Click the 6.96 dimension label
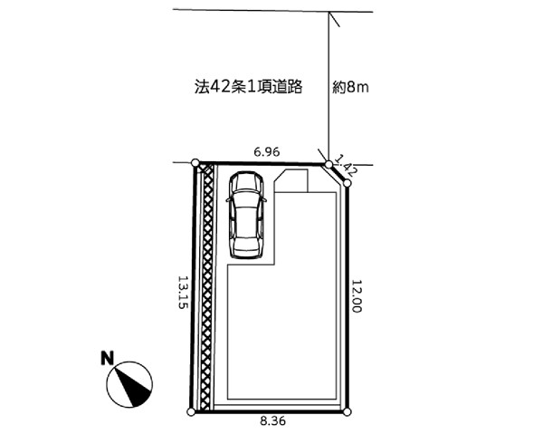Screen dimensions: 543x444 pyautogui.click(x=267, y=152)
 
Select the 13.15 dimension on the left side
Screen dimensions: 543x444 pyautogui.click(x=183, y=292)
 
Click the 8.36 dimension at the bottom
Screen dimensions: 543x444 pyautogui.click(x=273, y=421)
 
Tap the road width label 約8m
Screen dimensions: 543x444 pyautogui.click(x=350, y=88)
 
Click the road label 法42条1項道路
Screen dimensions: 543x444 pyautogui.click(x=248, y=87)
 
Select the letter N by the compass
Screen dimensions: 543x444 pyautogui.click(x=108, y=358)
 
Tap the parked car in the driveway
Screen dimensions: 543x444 pyautogui.click(x=246, y=215)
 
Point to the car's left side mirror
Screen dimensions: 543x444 pyautogui.click(x=228, y=200)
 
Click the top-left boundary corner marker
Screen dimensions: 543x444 pyautogui.click(x=195, y=162)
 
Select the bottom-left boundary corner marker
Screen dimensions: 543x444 pyautogui.click(x=191, y=412)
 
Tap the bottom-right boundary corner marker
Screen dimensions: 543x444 pyautogui.click(x=348, y=412)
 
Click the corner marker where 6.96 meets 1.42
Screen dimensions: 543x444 pyautogui.click(x=329, y=164)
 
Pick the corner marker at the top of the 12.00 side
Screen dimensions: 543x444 pyautogui.click(x=348, y=183)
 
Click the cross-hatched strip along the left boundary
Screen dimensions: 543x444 pyautogui.click(x=207, y=287)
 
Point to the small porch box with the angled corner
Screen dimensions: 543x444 pyautogui.click(x=291, y=180)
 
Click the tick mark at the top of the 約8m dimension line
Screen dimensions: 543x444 pyautogui.click(x=334, y=19)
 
